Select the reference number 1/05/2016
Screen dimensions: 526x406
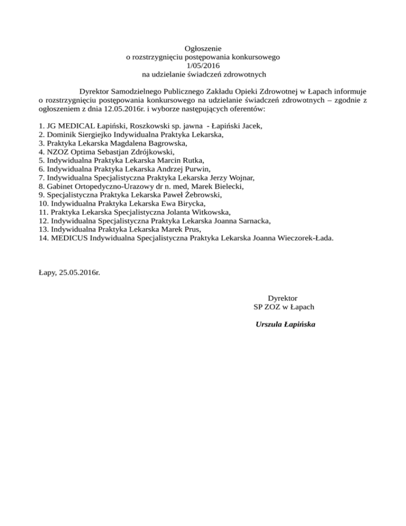pos(203,66)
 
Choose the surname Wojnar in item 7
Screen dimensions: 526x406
pos(241,178)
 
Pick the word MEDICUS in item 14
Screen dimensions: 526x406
pos(69,238)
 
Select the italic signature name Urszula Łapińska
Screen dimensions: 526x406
pos(285,324)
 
